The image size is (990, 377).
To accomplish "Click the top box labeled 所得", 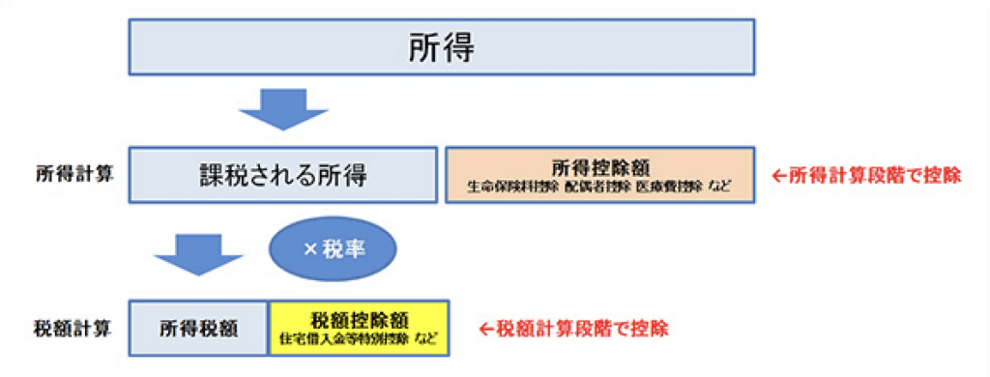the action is click(x=442, y=49).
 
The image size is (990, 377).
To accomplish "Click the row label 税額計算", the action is click(x=74, y=328).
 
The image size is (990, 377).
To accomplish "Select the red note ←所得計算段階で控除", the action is click(x=866, y=176).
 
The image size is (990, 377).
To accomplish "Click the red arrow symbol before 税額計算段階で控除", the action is click(x=487, y=328).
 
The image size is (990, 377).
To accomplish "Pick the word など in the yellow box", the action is click(x=426, y=338).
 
